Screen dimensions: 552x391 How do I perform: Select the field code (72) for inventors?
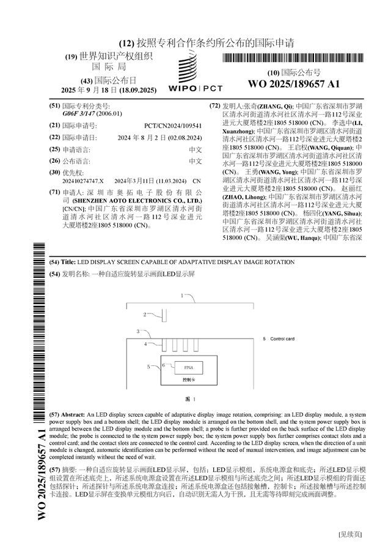coord(214,106)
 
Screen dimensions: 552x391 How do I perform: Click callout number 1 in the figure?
coord(181,295)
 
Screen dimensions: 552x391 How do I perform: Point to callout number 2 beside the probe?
coord(145,315)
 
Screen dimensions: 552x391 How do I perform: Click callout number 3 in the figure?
coord(138,331)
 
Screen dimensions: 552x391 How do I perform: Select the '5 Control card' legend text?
coord(279,339)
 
